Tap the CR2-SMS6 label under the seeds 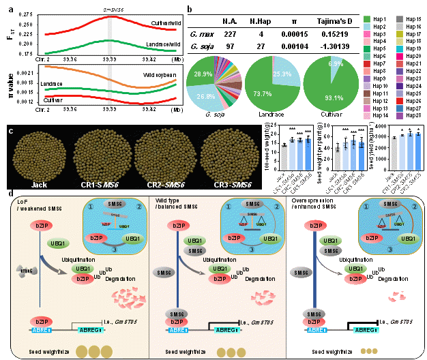click(x=165, y=183)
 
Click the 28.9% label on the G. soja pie click(x=203, y=72)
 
